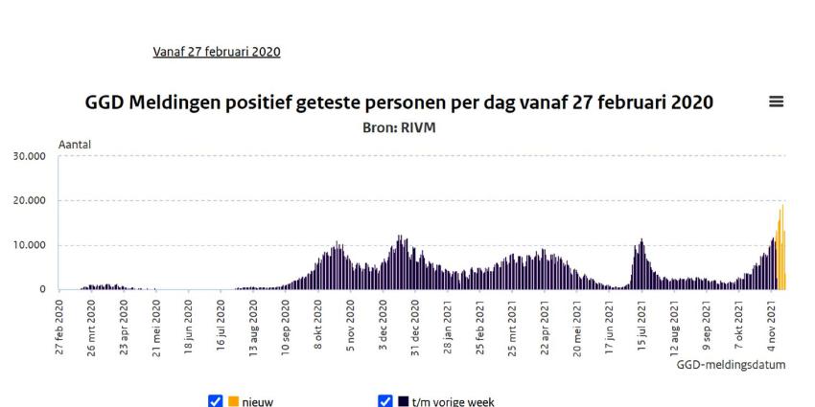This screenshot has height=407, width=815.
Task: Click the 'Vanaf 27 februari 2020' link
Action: point(217,51)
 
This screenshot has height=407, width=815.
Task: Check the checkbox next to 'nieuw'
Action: point(215,401)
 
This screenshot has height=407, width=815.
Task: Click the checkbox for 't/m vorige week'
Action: point(385,401)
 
